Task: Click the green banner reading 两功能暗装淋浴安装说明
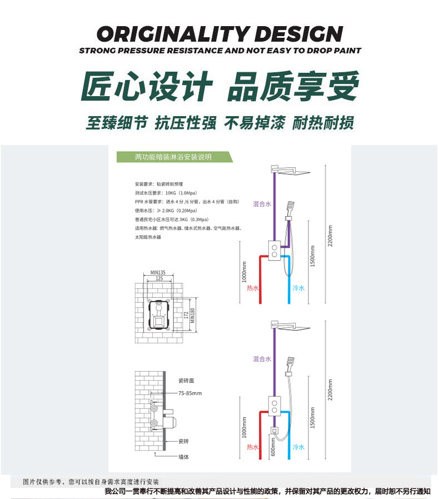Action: [x=173, y=157]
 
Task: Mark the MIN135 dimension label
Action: [x=158, y=272]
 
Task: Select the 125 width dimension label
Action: [x=159, y=278]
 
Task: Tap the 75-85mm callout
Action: [x=190, y=393]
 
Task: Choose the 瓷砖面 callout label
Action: [x=186, y=381]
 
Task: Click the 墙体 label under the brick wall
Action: [x=184, y=457]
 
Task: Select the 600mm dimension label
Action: [x=273, y=446]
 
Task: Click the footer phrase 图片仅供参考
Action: [x=44, y=481]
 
